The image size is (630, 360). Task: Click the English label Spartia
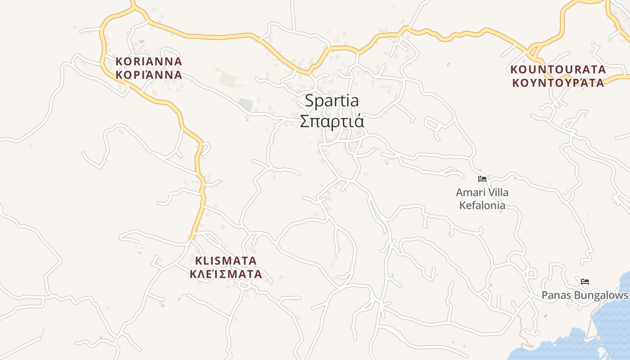332,101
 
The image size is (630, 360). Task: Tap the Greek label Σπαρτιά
332,121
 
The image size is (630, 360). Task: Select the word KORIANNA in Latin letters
148,62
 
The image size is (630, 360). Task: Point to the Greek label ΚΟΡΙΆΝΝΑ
148,75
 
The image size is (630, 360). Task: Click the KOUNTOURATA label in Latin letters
558,70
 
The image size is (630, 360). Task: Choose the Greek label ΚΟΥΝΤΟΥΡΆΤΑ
558,83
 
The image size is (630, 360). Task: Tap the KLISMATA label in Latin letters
226,261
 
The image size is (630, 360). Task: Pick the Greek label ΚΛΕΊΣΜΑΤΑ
226,274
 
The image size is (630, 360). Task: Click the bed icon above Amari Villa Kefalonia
482,179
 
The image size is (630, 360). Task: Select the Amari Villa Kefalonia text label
482,199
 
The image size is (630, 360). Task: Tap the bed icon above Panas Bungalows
585,282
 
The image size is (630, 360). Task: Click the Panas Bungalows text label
585,295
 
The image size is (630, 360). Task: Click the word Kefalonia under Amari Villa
482,206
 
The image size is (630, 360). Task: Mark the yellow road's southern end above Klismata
192,238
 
